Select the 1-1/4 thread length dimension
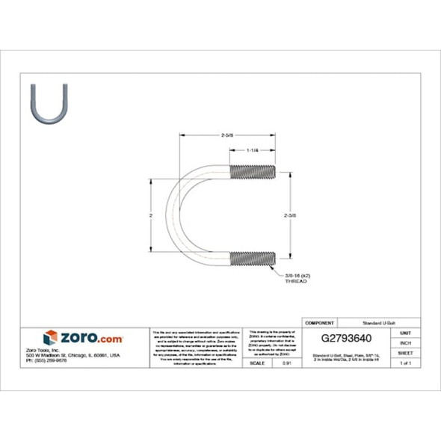coord(252,150)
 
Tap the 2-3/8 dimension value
coord(290,215)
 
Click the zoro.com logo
coord(83,337)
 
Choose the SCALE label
coord(259,363)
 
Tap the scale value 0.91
coord(286,363)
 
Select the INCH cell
coord(405,342)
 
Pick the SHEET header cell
coord(405,352)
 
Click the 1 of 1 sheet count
coord(405,363)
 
